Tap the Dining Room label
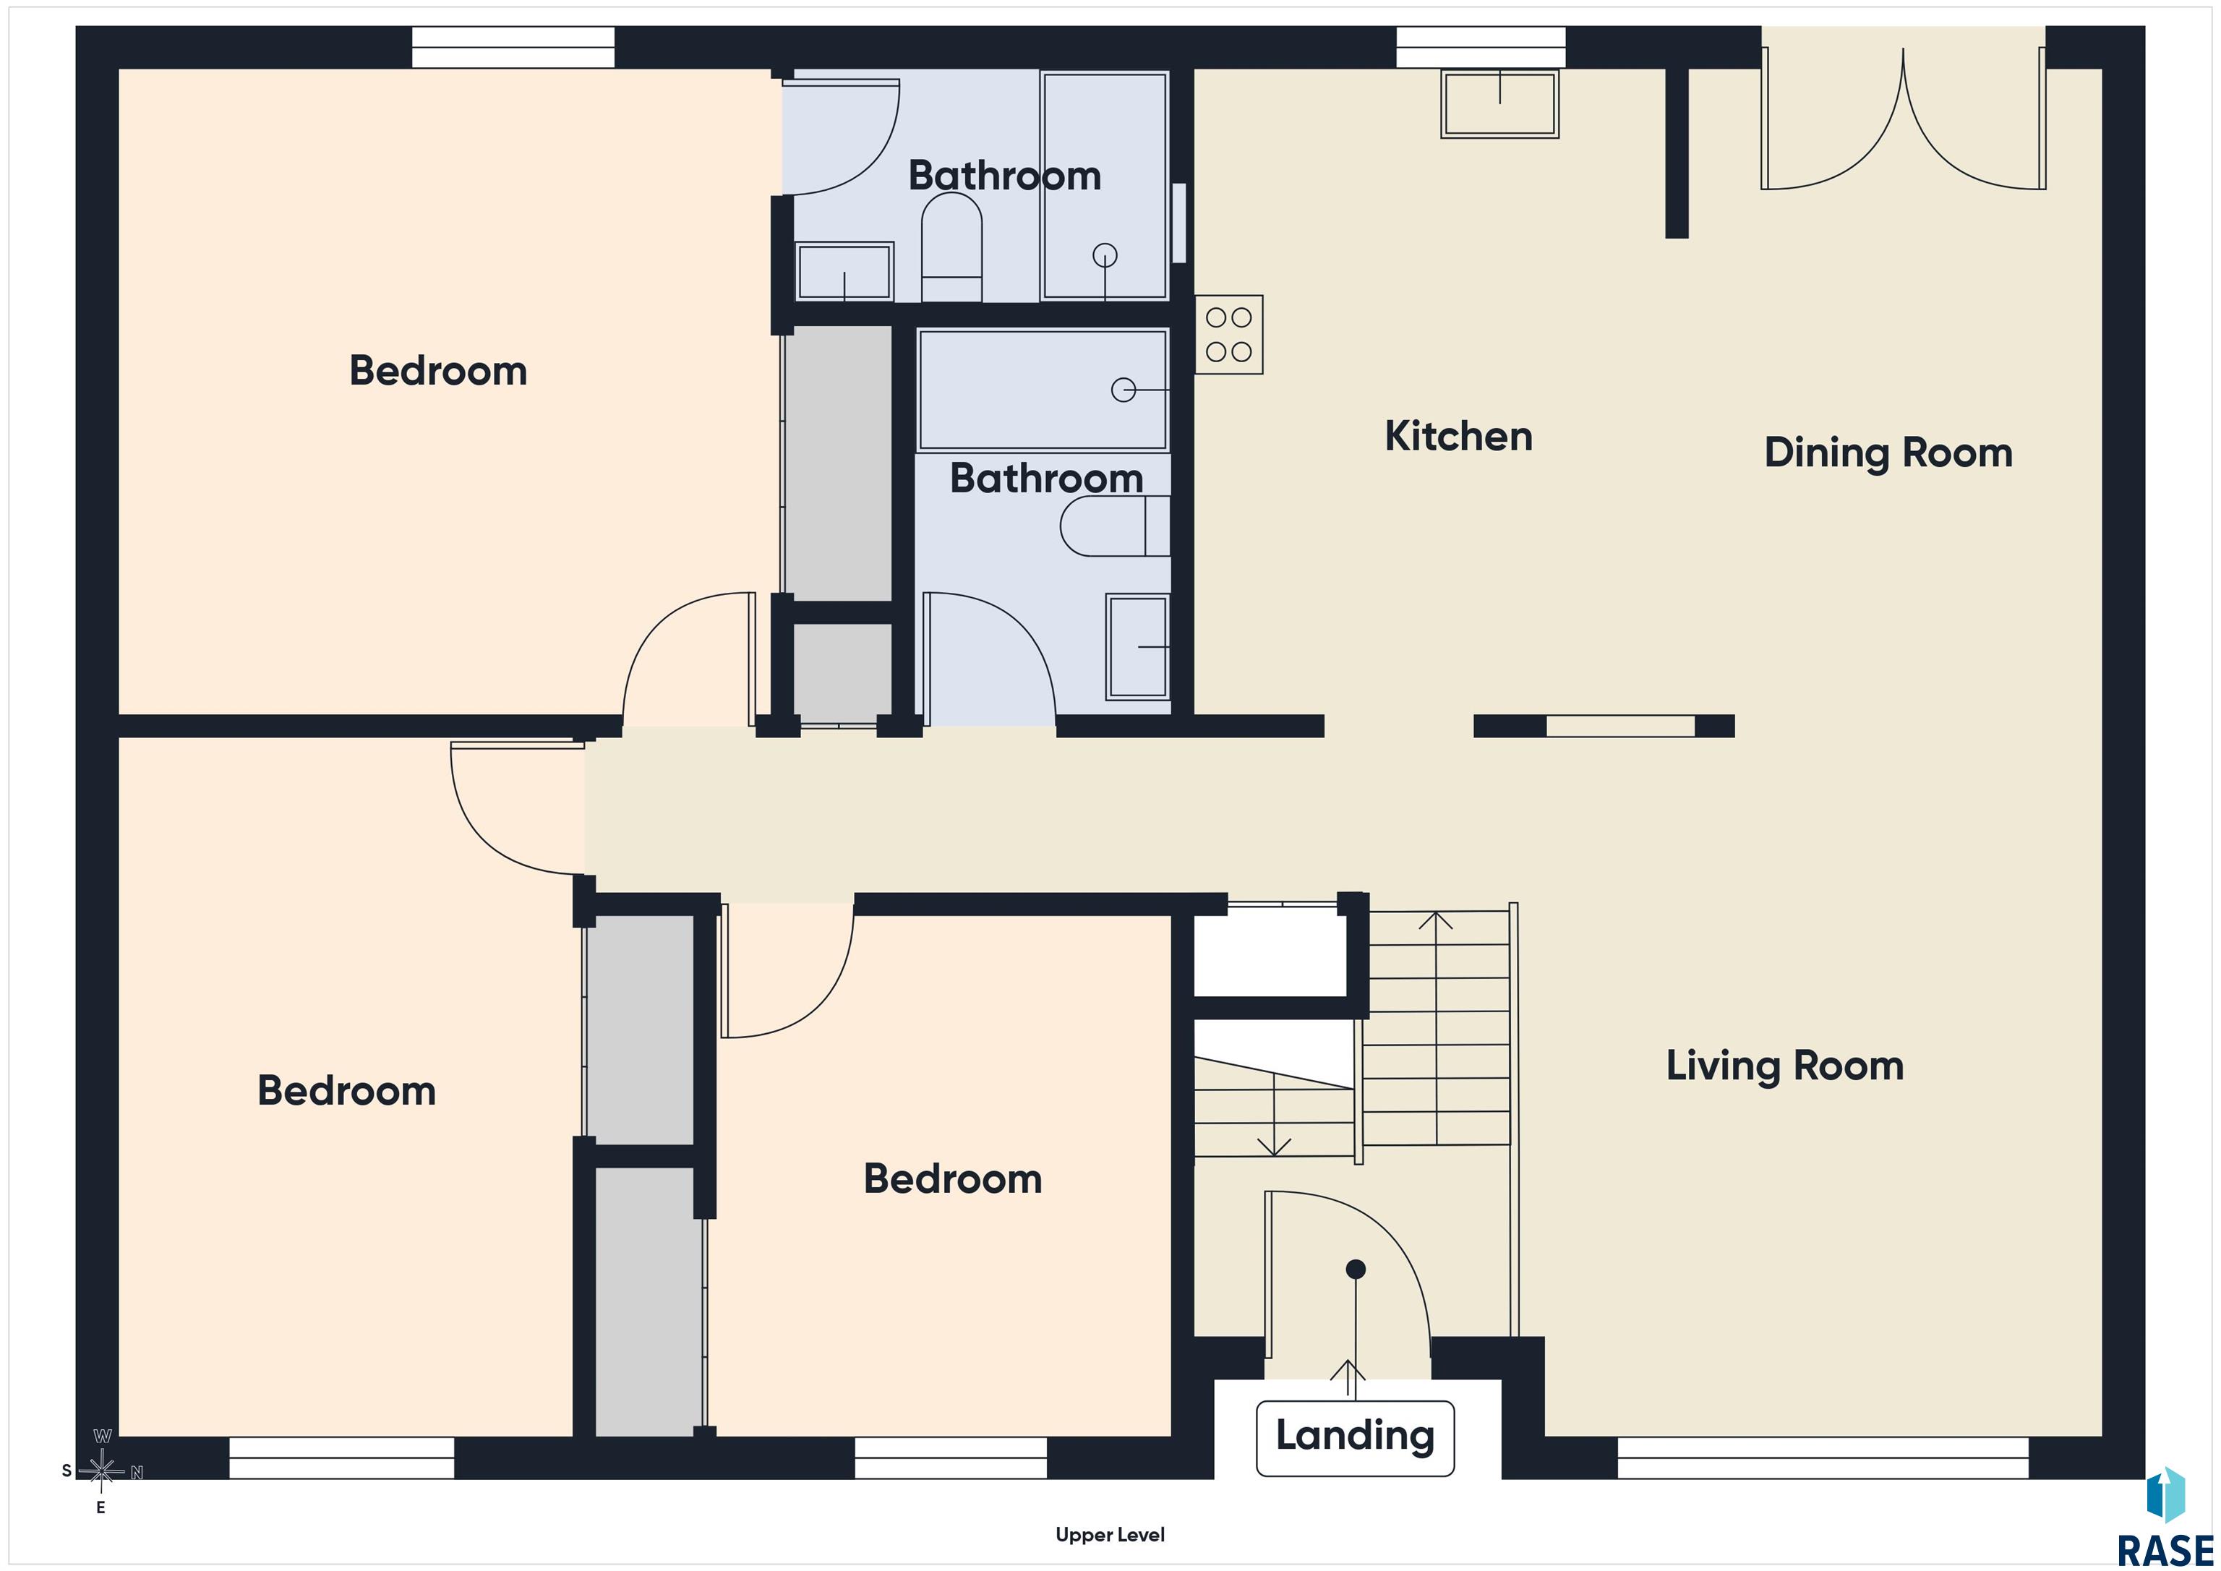1888,453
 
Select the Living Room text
1785,1066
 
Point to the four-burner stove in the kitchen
1228,335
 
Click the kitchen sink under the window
1499,103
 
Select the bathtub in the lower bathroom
1043,390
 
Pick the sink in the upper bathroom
844,272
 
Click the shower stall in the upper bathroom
1105,186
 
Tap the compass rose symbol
101,1471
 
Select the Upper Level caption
1110,1534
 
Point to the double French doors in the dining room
1903,120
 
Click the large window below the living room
1823,1457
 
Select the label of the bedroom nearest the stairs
953,1179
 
